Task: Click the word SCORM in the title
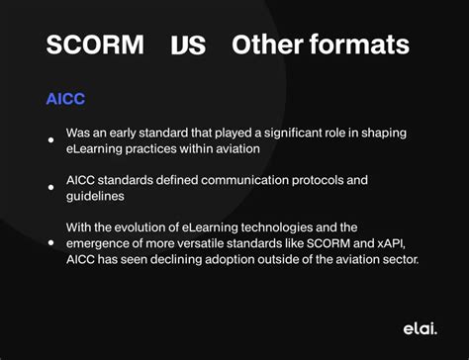click(x=95, y=45)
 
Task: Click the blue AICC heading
click(x=66, y=99)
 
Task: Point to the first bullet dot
click(x=50, y=139)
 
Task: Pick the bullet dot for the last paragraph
click(x=50, y=243)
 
